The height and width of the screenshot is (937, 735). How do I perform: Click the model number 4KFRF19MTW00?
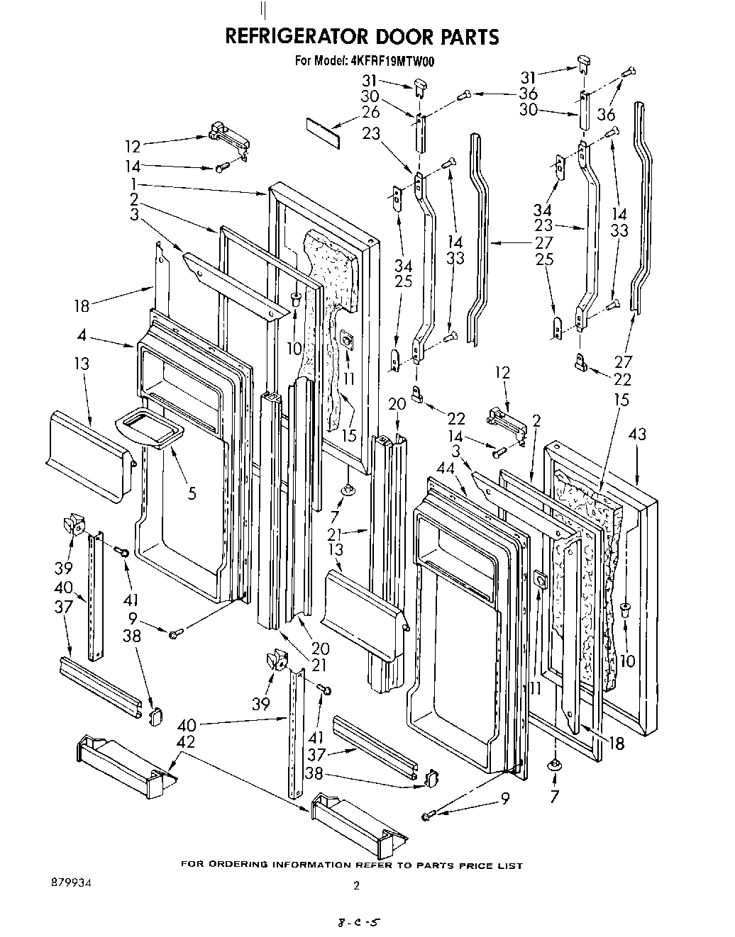pos(392,62)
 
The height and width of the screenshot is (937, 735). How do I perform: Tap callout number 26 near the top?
pos(370,112)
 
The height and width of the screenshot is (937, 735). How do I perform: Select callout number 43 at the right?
pos(637,434)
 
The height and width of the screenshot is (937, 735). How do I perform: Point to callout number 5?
pos(192,493)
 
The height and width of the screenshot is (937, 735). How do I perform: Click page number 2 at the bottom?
pos(356,885)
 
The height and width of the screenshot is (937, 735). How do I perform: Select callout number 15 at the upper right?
pos(621,400)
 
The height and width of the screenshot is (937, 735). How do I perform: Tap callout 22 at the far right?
pos(622,379)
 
